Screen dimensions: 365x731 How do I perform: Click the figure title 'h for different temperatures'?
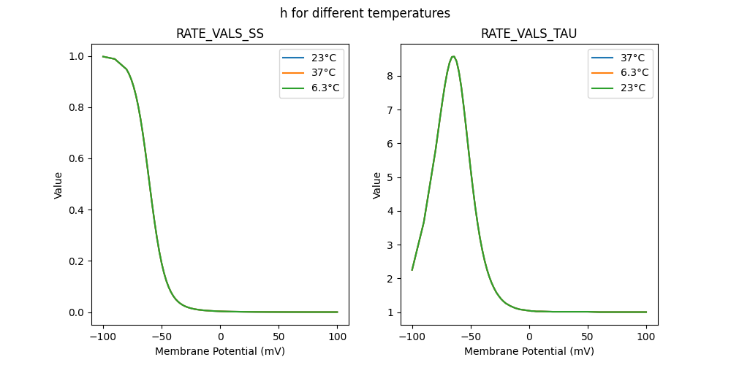(365, 13)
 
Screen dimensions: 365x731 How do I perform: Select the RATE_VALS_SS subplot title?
(220, 34)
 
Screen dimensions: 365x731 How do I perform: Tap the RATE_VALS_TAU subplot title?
(529, 34)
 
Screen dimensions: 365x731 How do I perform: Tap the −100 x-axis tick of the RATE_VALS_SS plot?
(103, 338)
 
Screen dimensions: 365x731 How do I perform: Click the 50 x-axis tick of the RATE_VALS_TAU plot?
(588, 338)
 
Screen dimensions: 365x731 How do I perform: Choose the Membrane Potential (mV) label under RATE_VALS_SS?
(220, 351)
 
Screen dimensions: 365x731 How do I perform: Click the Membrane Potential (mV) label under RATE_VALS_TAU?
(529, 351)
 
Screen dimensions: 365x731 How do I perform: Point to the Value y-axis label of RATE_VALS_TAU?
(377, 185)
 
